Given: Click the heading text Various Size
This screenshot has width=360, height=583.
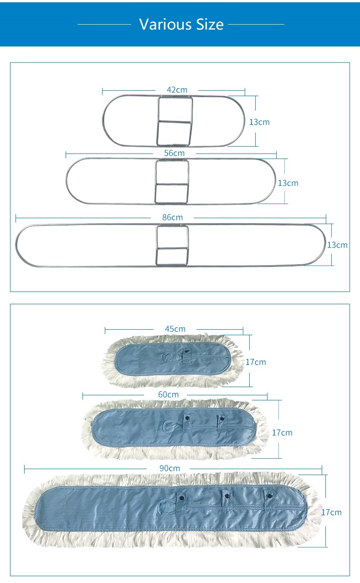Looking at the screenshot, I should [181, 24].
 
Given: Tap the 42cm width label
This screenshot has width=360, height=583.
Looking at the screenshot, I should [177, 90].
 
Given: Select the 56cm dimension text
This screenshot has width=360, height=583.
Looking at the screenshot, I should [174, 153].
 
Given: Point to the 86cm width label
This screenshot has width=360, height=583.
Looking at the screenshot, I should [172, 217].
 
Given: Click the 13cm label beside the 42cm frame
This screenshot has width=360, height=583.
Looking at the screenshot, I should [259, 122].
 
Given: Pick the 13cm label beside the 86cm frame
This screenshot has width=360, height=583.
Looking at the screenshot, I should [337, 245].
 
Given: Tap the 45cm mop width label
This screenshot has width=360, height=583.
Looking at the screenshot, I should [175, 328].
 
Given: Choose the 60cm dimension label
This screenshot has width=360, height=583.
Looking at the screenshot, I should [169, 394].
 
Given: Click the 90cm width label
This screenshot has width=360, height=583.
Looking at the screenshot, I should [170, 468].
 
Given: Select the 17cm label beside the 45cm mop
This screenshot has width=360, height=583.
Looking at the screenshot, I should [256, 362].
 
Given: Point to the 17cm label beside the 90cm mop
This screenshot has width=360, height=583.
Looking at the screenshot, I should [331, 512].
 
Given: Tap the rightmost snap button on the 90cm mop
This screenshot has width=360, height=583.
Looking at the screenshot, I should [269, 496].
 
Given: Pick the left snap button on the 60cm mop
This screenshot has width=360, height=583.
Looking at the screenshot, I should [186, 418].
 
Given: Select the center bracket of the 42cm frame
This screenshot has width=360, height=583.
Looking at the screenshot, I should [175, 121].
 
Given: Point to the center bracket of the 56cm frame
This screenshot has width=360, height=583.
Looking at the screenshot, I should [172, 182].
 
